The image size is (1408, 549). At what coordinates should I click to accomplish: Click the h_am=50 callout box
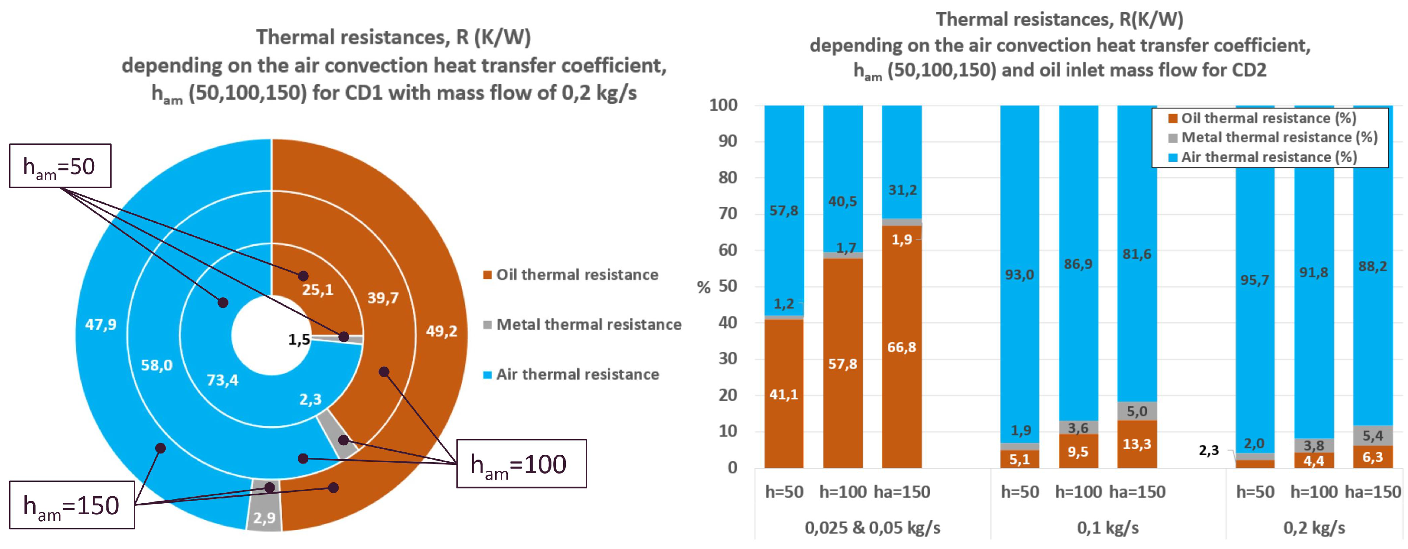click(60, 166)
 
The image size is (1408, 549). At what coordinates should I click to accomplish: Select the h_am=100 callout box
click(521, 464)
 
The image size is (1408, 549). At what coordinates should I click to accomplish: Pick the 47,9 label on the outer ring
click(101, 324)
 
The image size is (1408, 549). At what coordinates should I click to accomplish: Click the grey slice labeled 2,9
click(264, 506)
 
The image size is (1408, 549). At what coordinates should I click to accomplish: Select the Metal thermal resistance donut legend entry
click(583, 324)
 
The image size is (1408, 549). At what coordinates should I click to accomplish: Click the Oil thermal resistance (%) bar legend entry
click(1262, 118)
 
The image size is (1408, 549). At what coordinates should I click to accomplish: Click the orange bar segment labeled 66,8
click(902, 347)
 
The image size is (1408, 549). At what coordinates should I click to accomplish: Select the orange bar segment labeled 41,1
click(784, 394)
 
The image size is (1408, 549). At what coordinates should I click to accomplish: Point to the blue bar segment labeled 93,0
click(1020, 274)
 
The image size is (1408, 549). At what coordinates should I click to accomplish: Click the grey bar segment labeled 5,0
click(1137, 411)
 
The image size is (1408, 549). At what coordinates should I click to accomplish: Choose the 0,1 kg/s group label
click(1108, 528)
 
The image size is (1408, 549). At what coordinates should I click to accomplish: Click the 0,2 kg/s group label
click(1314, 528)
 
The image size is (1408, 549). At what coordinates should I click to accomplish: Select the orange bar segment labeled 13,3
click(1137, 444)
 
